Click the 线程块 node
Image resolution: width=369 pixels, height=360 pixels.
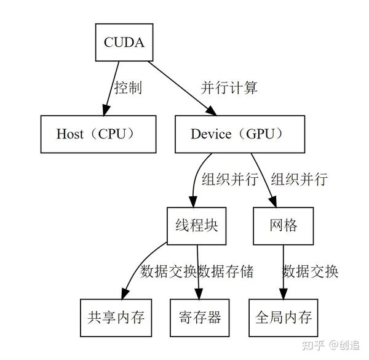pos(193,225)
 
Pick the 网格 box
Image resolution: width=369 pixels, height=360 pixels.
pos(283,225)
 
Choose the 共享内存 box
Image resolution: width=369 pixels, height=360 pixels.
pos(116,317)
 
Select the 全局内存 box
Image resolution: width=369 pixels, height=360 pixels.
pos(283,317)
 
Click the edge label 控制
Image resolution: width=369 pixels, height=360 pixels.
pos(129,87)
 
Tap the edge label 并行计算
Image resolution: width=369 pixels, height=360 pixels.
pos(229,87)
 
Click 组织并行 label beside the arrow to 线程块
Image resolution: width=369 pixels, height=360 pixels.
pos(230,179)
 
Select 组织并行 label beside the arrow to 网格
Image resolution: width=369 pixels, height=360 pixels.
pos(300,179)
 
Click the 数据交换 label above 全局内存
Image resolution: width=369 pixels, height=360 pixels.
pos(311,271)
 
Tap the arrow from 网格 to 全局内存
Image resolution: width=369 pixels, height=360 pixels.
pos(283,271)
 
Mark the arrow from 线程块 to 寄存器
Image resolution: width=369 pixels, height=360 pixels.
pos(197,271)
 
